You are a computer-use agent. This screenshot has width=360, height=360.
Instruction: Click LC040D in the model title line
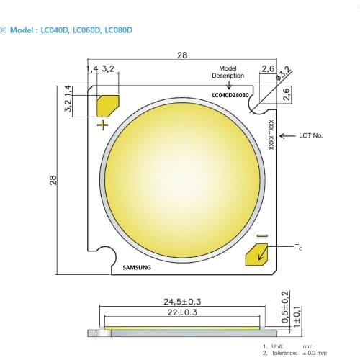(56, 30)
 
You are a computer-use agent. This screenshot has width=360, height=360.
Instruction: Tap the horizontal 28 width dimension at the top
(181, 55)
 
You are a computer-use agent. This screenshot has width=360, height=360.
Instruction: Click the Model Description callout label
(228, 71)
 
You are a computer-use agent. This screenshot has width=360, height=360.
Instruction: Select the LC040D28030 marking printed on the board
(230, 94)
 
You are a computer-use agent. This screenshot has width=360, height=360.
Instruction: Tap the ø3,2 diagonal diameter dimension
(284, 72)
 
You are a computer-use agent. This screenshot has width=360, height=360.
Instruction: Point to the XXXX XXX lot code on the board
(271, 134)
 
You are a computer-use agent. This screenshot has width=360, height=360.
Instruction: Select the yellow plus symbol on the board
(103, 125)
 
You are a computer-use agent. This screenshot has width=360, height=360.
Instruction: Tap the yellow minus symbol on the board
(262, 235)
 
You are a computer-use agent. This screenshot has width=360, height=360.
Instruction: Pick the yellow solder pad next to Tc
(256, 253)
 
